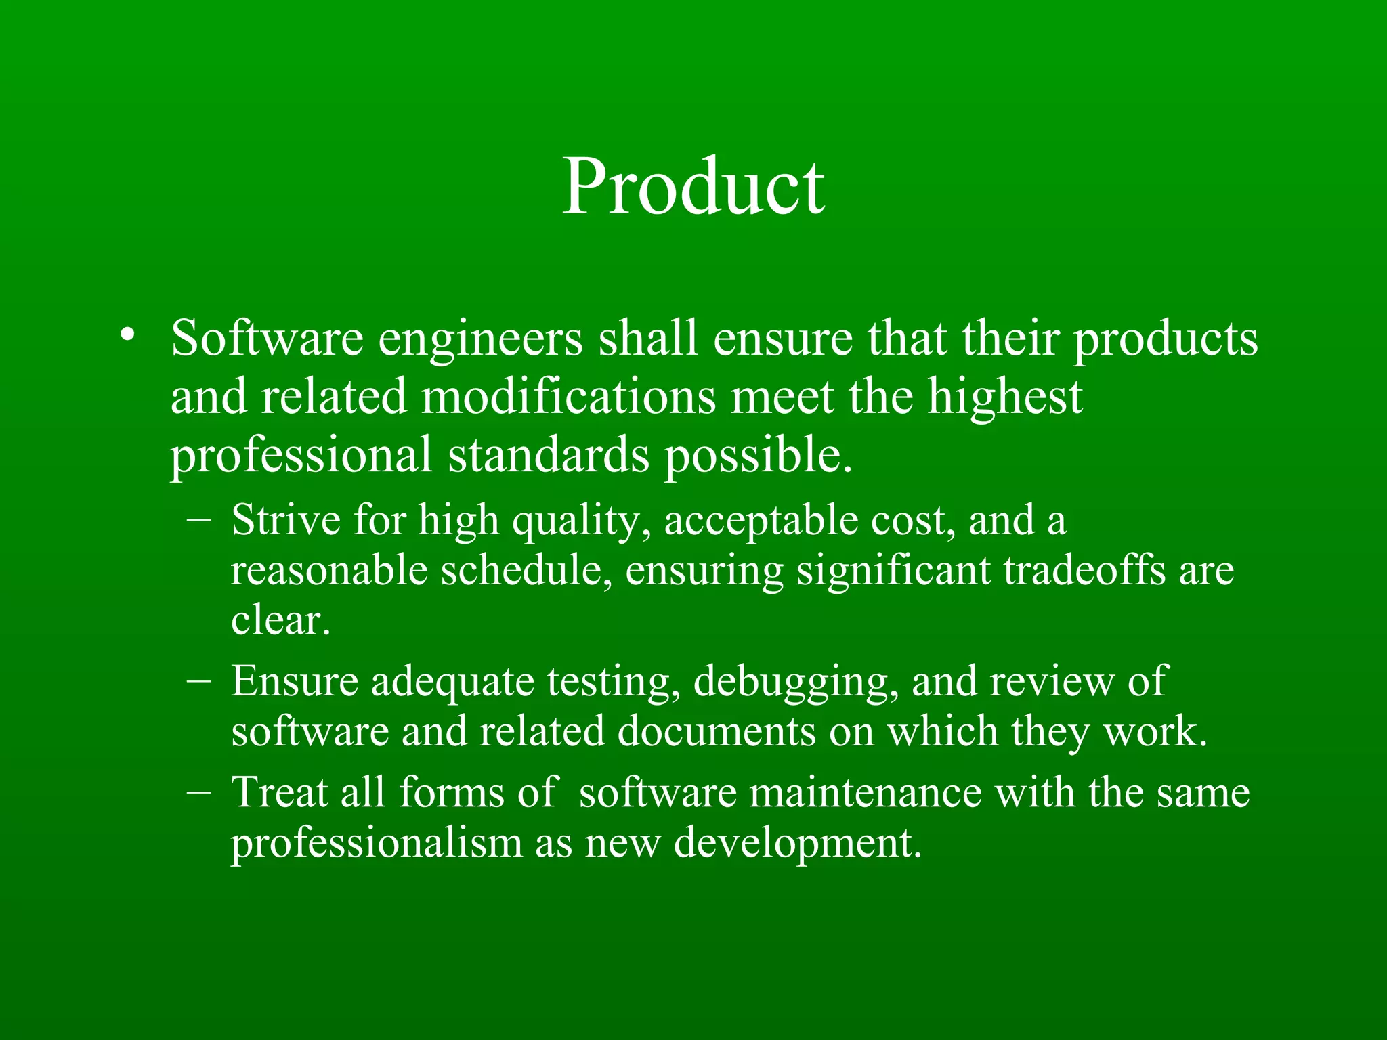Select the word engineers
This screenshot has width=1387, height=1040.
click(480, 339)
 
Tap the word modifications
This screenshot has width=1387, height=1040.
click(568, 397)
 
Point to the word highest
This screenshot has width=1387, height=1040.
click(1005, 398)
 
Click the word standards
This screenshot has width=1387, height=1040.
click(549, 454)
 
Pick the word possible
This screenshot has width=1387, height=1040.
click(757, 456)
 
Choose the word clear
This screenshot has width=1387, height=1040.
click(280, 620)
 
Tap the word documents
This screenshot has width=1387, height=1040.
click(717, 732)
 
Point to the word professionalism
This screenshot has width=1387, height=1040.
click(377, 844)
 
